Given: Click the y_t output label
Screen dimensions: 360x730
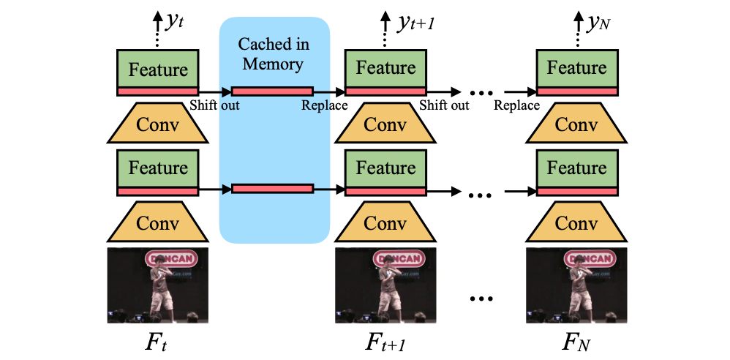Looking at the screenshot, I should tap(174, 22).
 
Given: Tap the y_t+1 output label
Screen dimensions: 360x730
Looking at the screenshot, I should tap(414, 24).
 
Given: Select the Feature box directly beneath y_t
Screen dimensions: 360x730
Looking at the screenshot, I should tap(158, 70).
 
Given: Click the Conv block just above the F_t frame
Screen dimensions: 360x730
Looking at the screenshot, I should tap(158, 224).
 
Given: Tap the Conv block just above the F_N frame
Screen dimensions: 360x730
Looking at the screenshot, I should tap(577, 224).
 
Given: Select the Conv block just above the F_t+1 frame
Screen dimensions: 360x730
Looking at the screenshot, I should tap(385, 224).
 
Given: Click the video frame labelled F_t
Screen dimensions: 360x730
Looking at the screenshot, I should tap(158, 286).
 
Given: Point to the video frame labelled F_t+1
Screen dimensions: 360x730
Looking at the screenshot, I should tap(385, 286).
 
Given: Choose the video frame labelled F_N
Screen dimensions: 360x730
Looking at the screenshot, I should tap(577, 286).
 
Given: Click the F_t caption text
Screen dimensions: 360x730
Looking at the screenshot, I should tap(158, 342).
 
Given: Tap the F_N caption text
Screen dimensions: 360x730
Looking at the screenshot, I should tap(577, 342).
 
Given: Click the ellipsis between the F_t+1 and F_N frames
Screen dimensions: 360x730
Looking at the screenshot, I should tap(481, 298).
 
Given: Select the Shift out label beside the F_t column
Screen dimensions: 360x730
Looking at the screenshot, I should tap(214, 105).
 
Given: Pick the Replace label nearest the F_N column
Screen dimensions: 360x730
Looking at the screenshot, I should tap(516, 105).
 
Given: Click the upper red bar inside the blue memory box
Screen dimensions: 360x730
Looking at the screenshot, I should tap(272, 91).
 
